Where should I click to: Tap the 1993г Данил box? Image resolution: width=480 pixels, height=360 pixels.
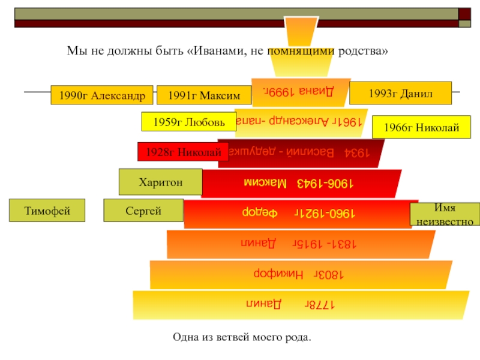click(400, 93)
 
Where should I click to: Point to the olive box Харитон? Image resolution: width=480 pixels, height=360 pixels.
click(160, 182)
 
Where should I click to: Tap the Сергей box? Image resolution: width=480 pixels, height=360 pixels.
click(143, 211)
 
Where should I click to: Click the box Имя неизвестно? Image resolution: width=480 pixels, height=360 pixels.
click(445, 214)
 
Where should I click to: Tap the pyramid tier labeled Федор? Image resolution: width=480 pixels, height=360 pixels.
click(300, 213)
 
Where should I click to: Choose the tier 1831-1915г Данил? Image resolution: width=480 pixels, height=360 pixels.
click(300, 244)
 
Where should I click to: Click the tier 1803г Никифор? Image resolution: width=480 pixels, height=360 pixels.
click(300, 274)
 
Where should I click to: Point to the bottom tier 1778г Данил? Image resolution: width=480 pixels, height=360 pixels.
click(300, 304)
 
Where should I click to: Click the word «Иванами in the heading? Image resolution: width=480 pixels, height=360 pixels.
click(215, 52)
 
